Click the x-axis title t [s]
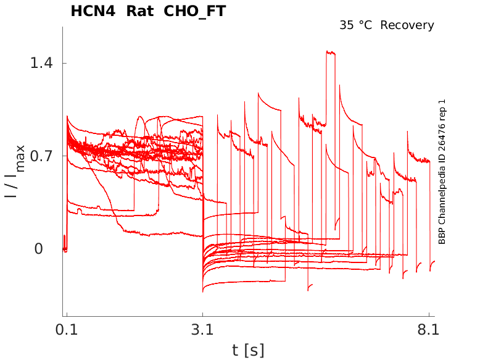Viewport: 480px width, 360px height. [x=248, y=350]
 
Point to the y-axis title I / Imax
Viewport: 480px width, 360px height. [x=14, y=171]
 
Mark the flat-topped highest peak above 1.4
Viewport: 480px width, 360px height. [x=330, y=53]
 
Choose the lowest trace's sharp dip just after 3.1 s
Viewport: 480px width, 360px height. [x=203, y=291]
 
